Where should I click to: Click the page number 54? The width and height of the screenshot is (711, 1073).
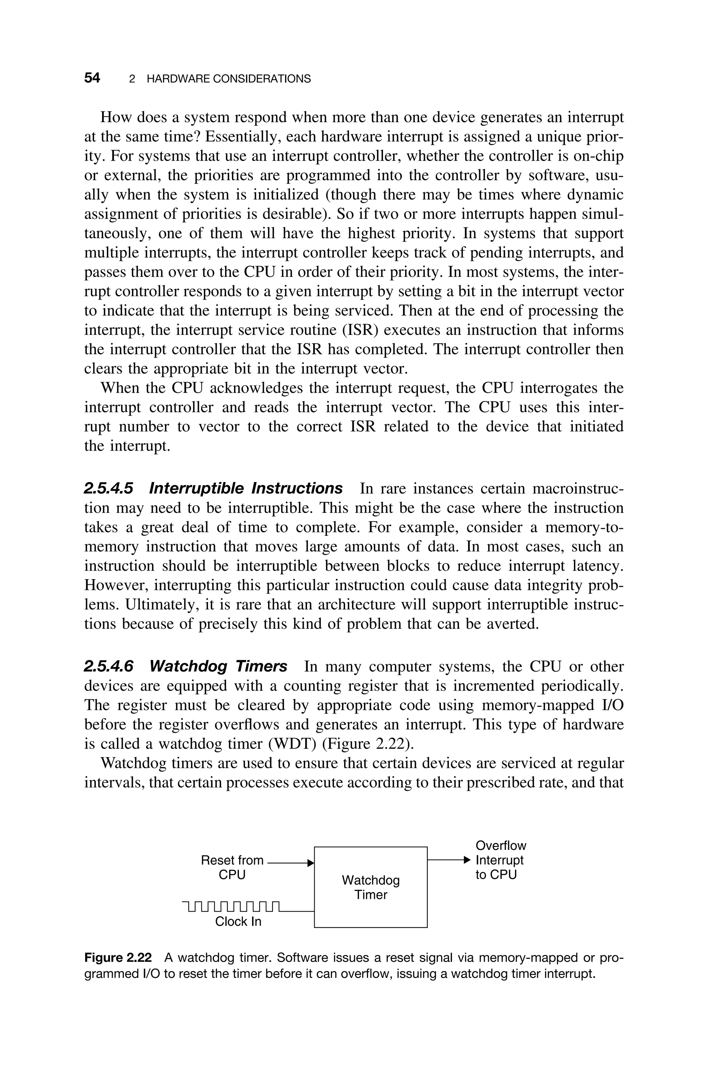coord(92,78)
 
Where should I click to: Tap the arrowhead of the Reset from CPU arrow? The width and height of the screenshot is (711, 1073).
coord(311,863)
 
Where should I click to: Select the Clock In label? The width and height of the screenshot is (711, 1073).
coord(238,921)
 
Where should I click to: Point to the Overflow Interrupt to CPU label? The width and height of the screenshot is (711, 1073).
coord(500,860)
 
